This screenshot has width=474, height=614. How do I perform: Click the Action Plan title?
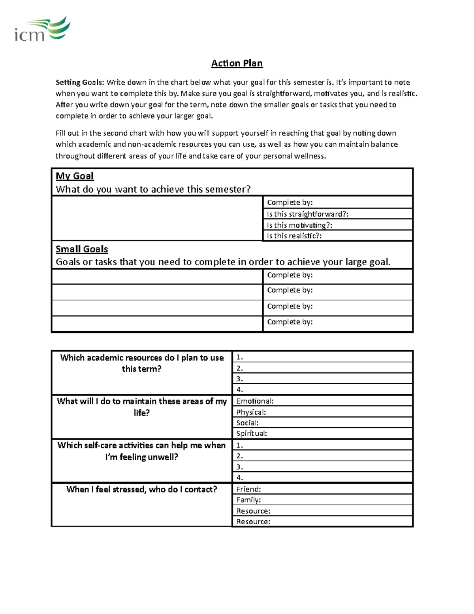pos(237,63)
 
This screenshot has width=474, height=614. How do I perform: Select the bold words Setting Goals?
pos(80,82)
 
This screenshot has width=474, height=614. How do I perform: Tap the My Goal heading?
pos(75,176)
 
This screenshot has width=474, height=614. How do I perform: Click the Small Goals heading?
pos(82,249)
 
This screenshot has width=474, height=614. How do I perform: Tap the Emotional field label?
pos(255,401)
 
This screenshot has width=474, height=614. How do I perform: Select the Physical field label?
pos(251,412)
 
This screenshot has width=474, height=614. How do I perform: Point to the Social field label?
pos(247,423)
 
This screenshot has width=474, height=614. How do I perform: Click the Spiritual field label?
pos(252,433)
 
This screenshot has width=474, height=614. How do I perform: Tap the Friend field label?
pos(248,489)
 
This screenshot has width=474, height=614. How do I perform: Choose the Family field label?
pos(248,500)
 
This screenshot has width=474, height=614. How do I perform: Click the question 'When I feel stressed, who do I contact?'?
pos(141,489)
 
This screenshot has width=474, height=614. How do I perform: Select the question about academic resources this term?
pos(141,363)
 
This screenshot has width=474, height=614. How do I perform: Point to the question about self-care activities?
pos(141,451)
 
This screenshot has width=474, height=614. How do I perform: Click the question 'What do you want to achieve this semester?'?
pos(153,189)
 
